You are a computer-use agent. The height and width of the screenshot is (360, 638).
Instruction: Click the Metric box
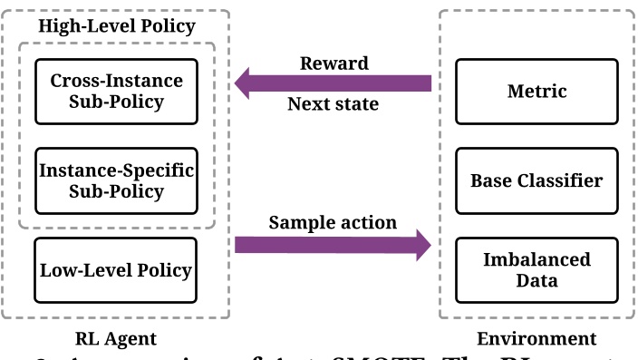click(536, 91)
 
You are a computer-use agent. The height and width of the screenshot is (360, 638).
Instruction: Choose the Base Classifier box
click(536, 180)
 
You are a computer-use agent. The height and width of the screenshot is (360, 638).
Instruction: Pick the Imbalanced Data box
click(536, 269)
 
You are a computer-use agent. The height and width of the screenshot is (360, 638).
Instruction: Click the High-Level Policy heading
click(116, 25)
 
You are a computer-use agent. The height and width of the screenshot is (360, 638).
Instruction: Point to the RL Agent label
click(116, 339)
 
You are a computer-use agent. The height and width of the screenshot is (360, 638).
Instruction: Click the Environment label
click(536, 339)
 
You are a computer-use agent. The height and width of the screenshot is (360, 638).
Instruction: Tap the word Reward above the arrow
click(333, 63)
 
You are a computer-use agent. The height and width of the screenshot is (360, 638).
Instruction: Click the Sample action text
click(332, 222)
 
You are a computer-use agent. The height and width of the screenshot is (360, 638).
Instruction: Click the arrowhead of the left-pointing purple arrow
click(246, 84)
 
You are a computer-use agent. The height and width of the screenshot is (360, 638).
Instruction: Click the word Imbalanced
click(536, 259)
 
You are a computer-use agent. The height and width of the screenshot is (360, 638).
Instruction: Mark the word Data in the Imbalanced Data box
click(536, 280)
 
